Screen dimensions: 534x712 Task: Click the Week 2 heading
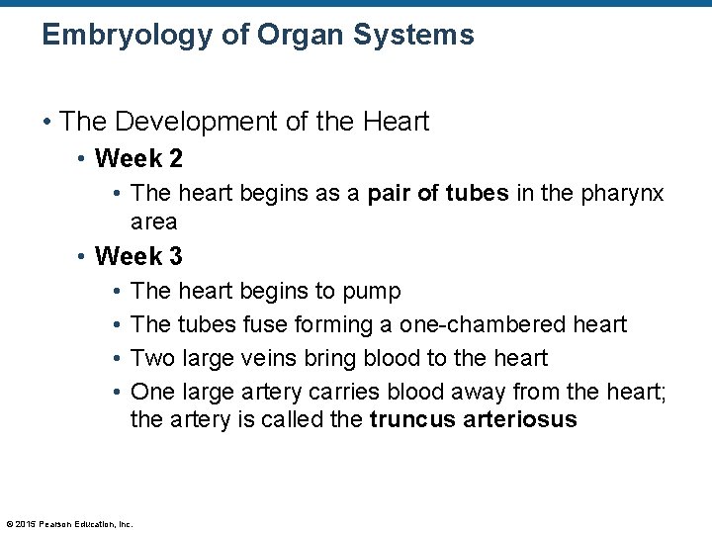click(x=138, y=158)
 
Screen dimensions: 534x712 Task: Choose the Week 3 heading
click(x=138, y=256)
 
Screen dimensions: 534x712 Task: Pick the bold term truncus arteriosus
click(x=473, y=419)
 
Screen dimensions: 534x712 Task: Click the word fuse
click(x=262, y=324)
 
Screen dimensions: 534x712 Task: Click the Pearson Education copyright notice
click(x=69, y=523)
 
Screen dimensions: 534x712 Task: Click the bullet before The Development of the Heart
click(x=46, y=123)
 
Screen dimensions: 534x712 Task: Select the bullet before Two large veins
click(x=117, y=358)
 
